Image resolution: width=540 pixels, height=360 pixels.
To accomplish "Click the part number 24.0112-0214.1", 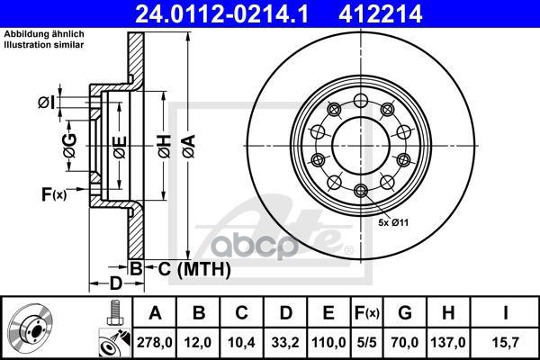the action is pos(221,13).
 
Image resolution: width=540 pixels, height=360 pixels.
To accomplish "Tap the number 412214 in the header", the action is pos(380,13).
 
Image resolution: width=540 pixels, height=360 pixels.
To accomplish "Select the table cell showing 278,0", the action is pos(154,342).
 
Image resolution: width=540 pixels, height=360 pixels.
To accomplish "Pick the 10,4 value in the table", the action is pos(241,342).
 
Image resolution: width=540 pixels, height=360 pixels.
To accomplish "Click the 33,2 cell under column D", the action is pos(285,342).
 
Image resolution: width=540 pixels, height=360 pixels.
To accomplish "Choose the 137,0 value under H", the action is pos(448,342).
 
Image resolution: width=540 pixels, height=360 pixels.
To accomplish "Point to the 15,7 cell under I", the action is pos(505,342).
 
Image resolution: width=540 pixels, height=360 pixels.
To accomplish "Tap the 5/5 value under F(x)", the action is pos(366,342).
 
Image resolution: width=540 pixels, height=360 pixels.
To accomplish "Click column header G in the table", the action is pos(405,313).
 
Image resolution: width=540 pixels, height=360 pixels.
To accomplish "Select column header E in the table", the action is pos(328,313).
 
